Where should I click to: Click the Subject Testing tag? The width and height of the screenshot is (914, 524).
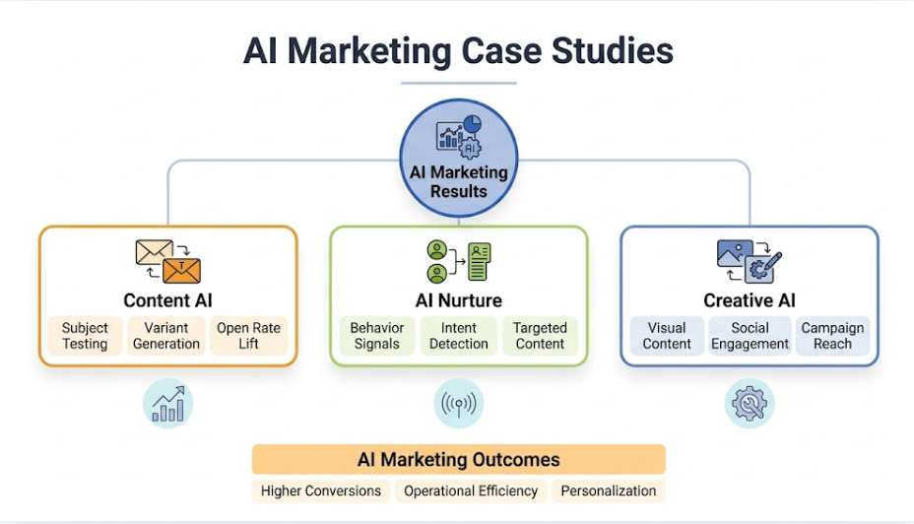tap(85, 336)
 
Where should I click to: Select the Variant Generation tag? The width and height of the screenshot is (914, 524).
tap(165, 336)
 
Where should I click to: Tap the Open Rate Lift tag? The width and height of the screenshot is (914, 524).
tap(248, 336)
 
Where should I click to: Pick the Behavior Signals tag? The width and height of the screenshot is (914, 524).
tap(376, 336)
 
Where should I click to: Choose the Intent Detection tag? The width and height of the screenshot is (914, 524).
tap(458, 336)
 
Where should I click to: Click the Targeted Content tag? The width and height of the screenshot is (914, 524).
tap(540, 336)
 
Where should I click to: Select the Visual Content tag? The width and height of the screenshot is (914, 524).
tap(667, 336)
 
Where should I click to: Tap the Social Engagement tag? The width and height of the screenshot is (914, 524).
tap(750, 336)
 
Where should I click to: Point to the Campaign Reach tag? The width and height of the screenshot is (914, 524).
tap(832, 336)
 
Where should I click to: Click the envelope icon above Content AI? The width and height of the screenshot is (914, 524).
tap(167, 262)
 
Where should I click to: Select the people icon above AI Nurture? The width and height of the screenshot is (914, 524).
tap(458, 262)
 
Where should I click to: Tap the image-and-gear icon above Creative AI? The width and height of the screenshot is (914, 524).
tap(749, 260)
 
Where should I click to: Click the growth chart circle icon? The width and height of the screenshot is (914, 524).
tap(168, 403)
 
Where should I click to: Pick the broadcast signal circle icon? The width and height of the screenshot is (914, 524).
tap(459, 403)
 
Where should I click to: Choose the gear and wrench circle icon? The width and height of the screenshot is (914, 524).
tap(750, 403)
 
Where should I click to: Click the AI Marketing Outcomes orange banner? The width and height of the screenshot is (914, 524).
tap(458, 459)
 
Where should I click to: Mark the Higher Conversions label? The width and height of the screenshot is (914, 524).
tap(321, 491)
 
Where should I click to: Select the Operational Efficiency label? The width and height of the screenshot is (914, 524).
tap(471, 491)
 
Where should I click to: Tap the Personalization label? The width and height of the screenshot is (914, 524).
tap(609, 491)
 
